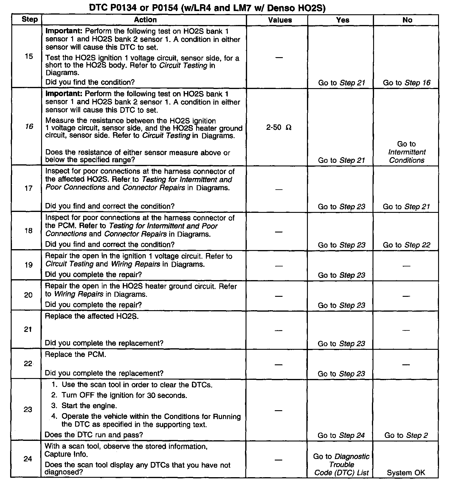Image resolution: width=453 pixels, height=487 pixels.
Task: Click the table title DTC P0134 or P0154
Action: [x=207, y=8]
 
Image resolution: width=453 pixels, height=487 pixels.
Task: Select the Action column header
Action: [x=145, y=20]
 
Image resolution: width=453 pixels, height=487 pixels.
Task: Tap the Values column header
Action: [x=280, y=20]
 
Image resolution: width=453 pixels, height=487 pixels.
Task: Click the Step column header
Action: [x=30, y=20]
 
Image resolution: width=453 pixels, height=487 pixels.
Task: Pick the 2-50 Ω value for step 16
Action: [x=279, y=128]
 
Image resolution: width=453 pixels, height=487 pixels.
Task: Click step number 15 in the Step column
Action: [x=29, y=56]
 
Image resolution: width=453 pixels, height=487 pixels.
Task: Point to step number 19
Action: [x=29, y=265]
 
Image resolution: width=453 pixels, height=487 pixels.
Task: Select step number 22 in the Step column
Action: [x=28, y=364]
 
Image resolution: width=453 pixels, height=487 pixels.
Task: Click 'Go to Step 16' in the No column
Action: [x=407, y=83]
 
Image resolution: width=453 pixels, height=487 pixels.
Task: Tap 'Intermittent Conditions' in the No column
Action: [x=407, y=156]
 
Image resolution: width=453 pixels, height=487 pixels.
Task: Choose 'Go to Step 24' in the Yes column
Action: [x=341, y=436]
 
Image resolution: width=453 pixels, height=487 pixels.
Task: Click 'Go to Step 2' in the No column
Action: [x=406, y=436]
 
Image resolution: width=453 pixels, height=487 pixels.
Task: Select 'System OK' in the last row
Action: [x=406, y=473]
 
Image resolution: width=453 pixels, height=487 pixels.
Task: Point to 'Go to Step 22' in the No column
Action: [x=407, y=245]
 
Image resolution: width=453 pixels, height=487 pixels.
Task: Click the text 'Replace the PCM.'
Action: [x=75, y=355]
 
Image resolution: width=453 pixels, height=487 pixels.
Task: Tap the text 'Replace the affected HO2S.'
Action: [x=92, y=316]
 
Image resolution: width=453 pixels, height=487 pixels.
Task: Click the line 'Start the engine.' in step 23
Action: [x=89, y=406]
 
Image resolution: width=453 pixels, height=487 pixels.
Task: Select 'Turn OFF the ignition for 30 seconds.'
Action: [x=124, y=395]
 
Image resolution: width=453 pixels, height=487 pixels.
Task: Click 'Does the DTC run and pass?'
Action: [x=94, y=435]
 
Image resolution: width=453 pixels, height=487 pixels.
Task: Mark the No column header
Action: [x=407, y=20]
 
